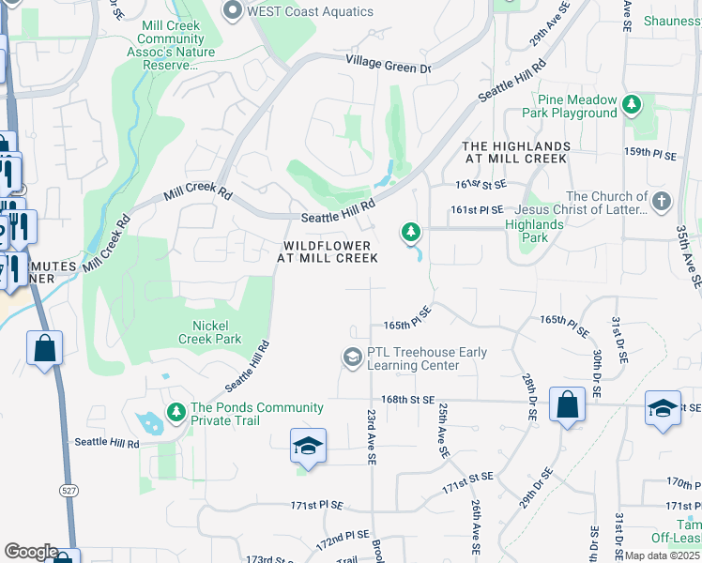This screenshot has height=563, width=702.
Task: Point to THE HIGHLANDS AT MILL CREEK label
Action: [516, 153]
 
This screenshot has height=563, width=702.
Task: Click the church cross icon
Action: [662, 201]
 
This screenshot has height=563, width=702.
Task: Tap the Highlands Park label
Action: [534, 231]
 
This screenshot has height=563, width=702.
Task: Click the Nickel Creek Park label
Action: [210, 332]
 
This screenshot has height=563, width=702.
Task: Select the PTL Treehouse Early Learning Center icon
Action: [352, 357]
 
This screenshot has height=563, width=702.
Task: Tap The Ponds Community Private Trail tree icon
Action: [175, 412]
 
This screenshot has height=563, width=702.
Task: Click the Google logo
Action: [31, 552]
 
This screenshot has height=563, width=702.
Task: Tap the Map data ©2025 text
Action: [661, 555]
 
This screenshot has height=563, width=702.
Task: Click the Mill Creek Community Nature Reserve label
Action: [170, 46]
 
